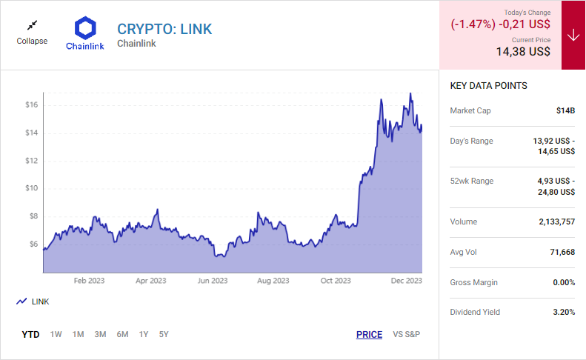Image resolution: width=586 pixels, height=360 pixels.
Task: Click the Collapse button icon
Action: (31, 25)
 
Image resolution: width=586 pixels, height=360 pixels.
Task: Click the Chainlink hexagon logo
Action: (85, 29)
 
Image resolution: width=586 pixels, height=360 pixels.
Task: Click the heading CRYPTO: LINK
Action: (164, 29)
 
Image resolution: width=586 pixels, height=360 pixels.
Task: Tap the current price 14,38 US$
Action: (523, 52)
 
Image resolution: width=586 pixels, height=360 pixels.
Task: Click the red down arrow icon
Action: (573, 36)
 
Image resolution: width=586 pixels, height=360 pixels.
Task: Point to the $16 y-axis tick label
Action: (30, 105)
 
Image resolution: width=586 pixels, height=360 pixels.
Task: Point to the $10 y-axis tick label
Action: (30, 188)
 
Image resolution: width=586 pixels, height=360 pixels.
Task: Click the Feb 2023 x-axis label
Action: (90, 281)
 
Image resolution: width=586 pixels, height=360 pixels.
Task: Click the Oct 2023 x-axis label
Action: (336, 281)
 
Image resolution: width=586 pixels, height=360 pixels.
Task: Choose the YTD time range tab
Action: (30, 334)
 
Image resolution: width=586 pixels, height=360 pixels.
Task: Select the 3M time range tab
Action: (100, 334)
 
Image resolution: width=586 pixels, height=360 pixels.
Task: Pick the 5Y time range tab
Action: (164, 334)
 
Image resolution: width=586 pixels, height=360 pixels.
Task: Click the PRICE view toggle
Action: (369, 334)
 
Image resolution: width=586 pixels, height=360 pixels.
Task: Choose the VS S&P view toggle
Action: (406, 334)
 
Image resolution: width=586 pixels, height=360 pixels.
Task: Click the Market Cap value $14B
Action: (565, 110)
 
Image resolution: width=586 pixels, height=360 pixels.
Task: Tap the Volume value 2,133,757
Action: (550, 221)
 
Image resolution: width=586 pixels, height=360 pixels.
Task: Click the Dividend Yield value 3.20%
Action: (564, 312)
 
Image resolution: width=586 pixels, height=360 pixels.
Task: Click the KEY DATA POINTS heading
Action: (488, 86)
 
